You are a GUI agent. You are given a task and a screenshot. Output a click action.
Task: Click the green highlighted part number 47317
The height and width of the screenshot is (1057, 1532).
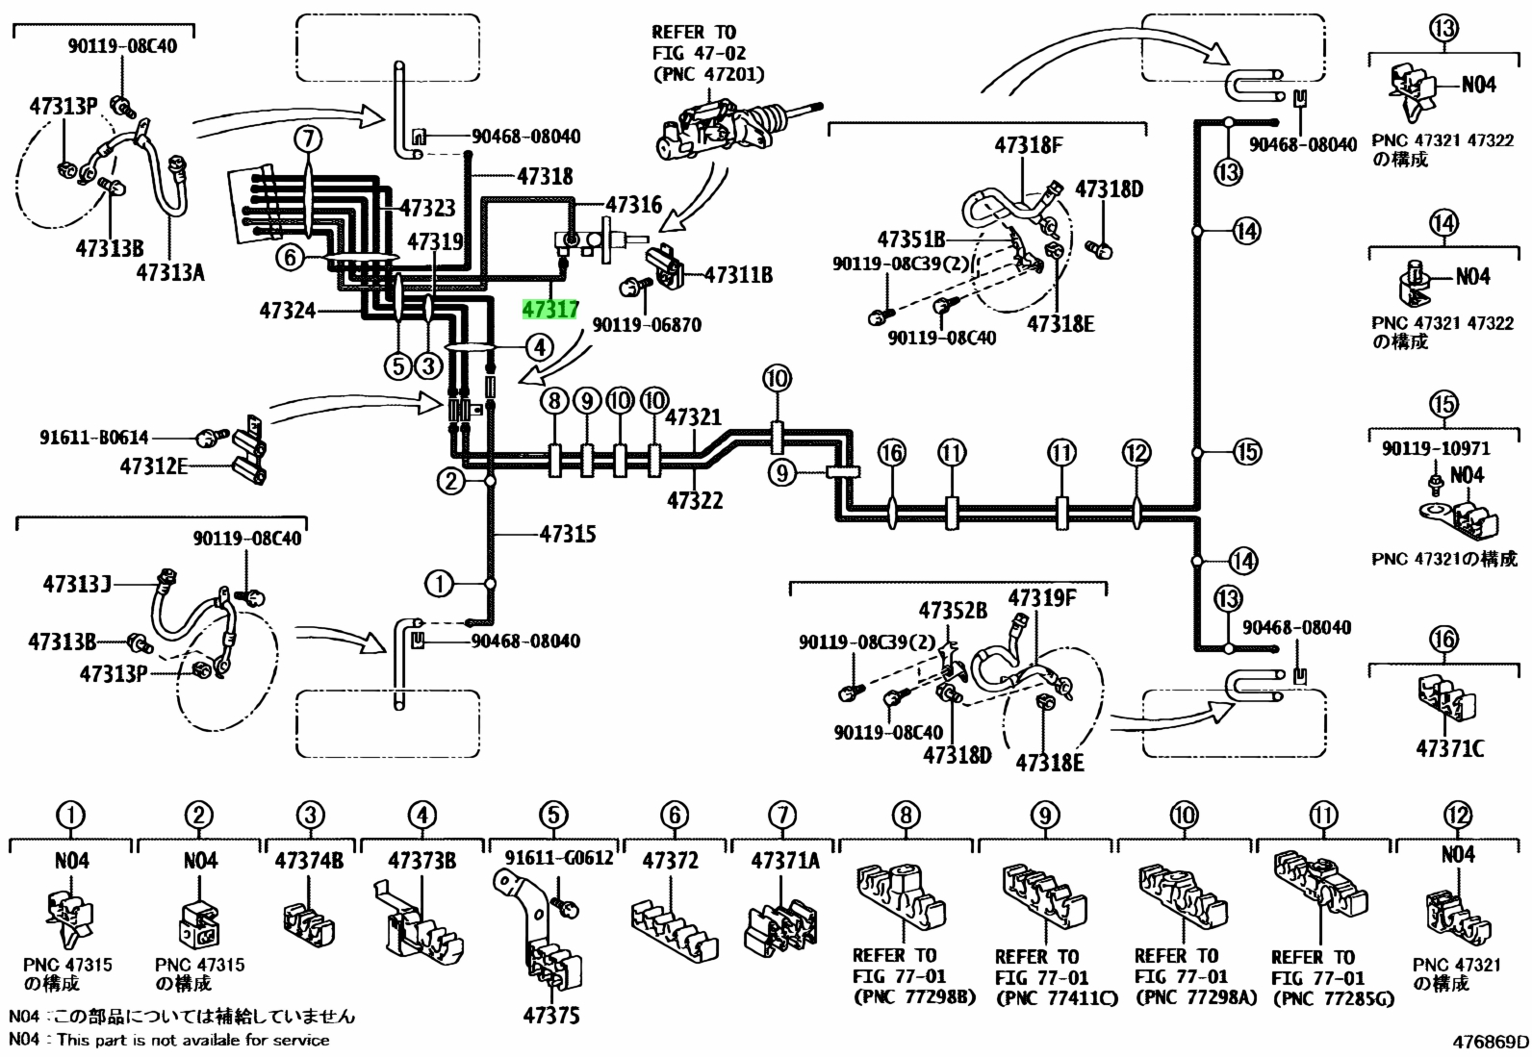point(550,310)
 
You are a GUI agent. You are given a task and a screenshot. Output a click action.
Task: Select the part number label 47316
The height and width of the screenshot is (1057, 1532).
point(634,204)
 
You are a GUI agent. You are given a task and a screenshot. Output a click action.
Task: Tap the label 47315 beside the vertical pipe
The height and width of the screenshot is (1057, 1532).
point(568,533)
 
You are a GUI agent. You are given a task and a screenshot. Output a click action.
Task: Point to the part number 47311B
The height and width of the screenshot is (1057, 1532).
point(739,275)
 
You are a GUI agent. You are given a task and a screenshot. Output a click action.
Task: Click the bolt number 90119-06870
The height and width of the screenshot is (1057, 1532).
point(647,324)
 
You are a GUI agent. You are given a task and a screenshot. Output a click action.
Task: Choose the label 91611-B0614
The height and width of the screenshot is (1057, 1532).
point(93,437)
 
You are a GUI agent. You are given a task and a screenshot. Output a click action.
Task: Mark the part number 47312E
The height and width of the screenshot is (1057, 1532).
point(153,466)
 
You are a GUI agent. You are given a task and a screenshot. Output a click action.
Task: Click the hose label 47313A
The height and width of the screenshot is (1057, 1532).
point(170,272)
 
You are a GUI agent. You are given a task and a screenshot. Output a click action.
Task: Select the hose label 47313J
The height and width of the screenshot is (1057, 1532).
point(77,584)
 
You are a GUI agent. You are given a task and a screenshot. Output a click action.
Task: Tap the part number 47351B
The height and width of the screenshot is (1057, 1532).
point(911,239)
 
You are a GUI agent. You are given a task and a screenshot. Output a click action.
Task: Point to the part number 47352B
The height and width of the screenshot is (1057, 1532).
point(953,610)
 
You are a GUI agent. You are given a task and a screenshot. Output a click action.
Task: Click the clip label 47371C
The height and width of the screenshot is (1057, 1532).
point(1450,748)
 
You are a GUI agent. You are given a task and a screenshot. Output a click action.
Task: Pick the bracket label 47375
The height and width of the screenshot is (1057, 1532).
point(551,1016)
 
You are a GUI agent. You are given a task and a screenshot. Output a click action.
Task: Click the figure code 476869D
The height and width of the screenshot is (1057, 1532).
point(1491,1042)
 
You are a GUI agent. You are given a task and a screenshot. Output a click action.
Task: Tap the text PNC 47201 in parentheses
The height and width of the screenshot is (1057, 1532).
point(708,74)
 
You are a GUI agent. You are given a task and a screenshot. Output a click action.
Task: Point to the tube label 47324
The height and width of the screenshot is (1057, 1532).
point(287,311)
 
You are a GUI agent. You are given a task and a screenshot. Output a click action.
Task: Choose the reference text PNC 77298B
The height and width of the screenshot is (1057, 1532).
point(914,996)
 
